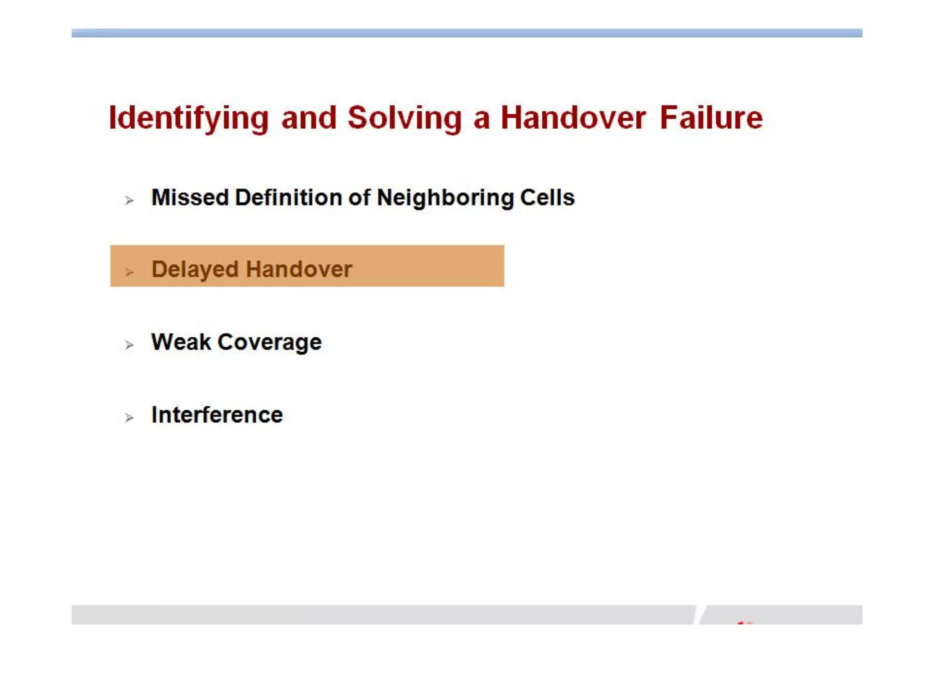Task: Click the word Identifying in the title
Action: [189, 118]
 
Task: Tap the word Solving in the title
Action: [405, 118]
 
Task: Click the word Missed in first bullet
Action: [190, 198]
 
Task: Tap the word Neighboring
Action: [445, 198]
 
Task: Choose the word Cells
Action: [547, 198]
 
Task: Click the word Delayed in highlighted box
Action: [195, 269]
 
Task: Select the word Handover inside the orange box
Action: [299, 269]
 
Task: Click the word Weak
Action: [181, 342]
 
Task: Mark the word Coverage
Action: [269, 343]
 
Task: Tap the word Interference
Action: [217, 415]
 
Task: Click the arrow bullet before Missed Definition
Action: [129, 200]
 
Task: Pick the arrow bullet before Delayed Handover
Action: [129, 272]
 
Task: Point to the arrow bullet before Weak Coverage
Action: [129, 345]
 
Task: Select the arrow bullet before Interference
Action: [129, 418]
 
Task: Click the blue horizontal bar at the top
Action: [466, 33]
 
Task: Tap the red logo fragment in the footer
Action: [745, 622]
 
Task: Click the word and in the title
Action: [309, 118]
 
